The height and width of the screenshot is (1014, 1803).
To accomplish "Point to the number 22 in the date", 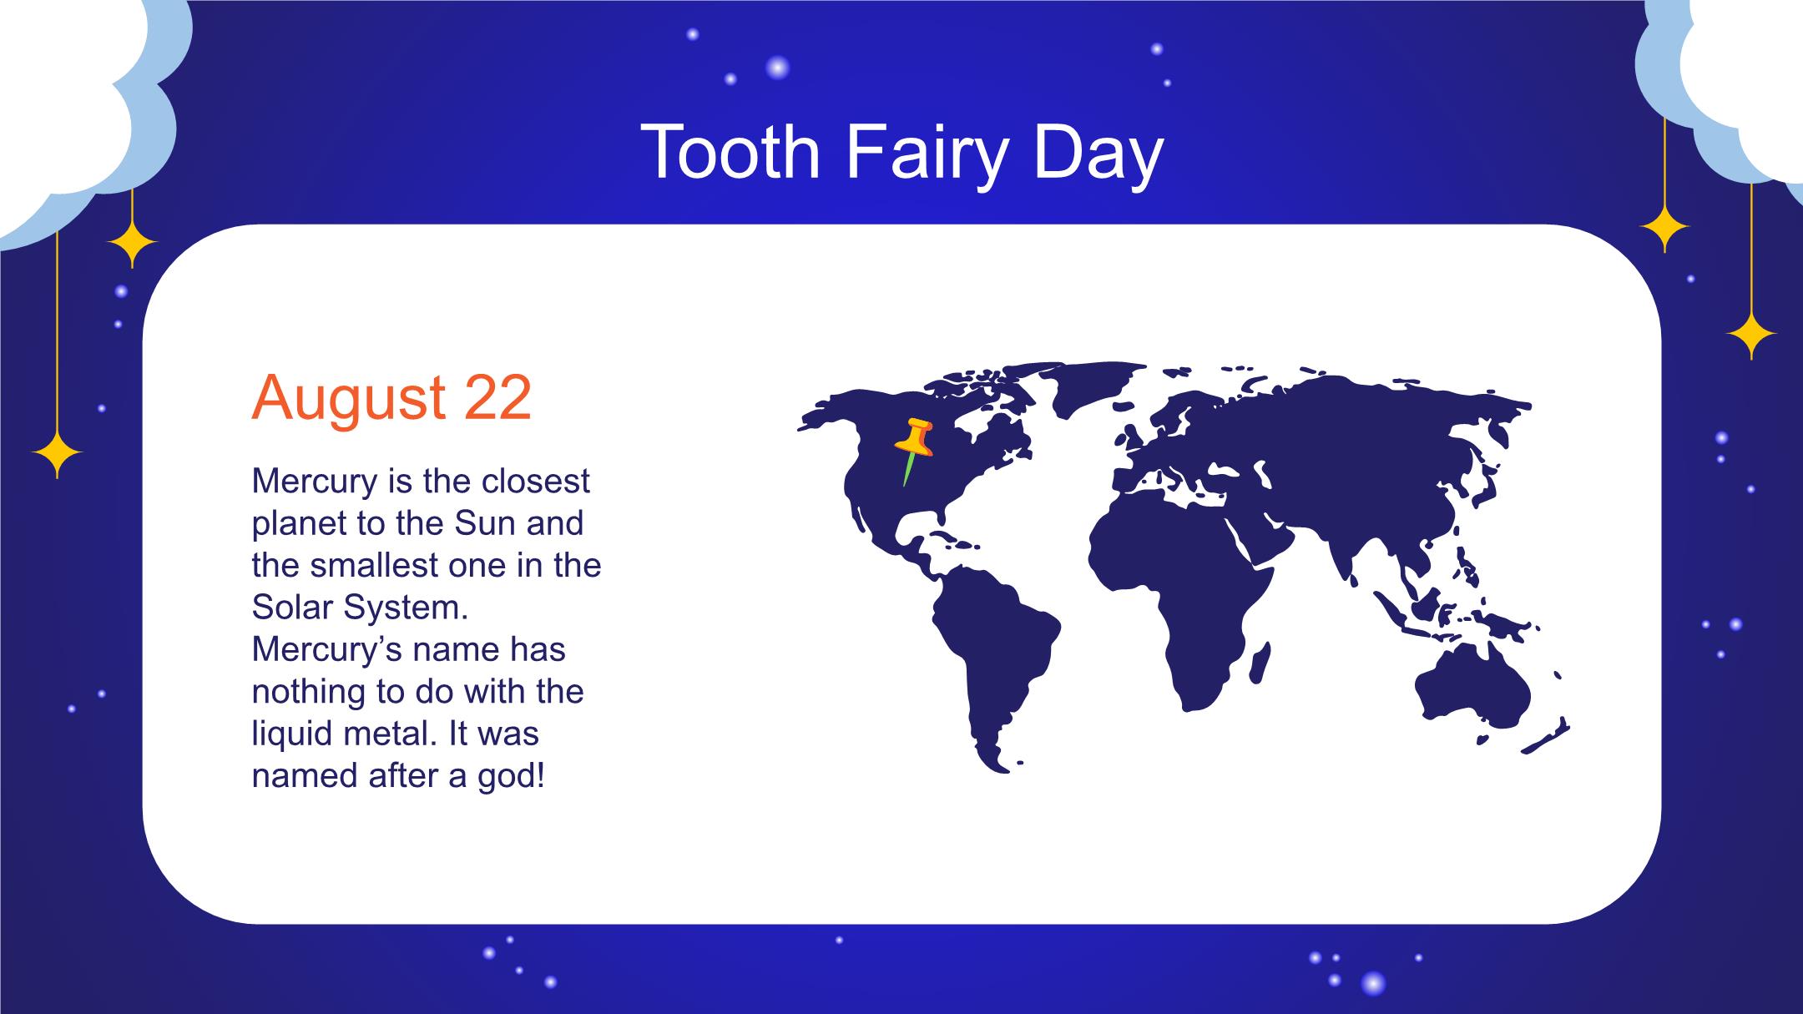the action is pyautogui.click(x=497, y=397).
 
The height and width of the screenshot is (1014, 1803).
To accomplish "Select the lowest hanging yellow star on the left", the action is pyautogui.click(x=57, y=454).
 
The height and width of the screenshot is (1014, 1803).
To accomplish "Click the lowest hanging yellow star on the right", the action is pyautogui.click(x=1751, y=335).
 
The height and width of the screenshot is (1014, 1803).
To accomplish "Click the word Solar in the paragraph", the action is pyautogui.click(x=293, y=608).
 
